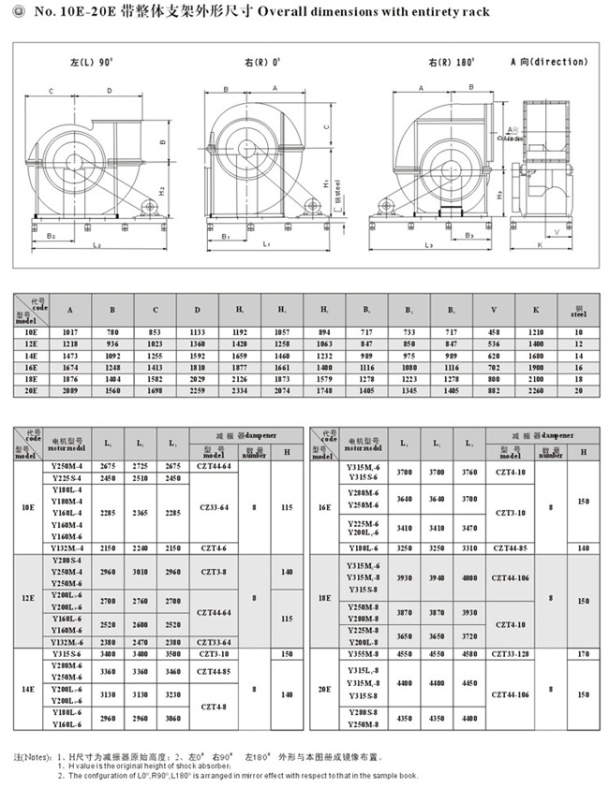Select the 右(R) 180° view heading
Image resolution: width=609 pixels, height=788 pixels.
coord(448,62)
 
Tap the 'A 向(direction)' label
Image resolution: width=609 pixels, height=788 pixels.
coord(549,62)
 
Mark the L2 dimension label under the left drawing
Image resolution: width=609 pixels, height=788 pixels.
coord(97,244)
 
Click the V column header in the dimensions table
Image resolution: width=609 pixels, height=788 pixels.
coord(492,310)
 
